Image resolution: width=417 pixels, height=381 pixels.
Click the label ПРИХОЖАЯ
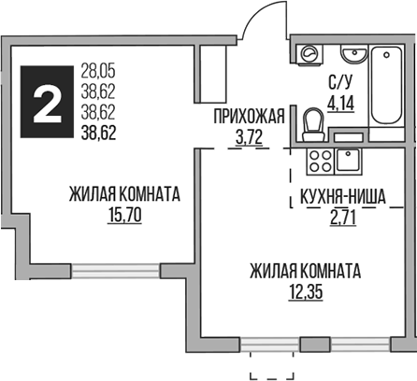248,117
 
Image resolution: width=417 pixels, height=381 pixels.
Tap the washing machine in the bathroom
309,52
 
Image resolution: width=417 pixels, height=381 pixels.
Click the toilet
314,121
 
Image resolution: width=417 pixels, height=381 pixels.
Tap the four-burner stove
319,161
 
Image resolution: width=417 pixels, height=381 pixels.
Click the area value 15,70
123,214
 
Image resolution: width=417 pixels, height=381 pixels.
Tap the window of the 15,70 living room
117,270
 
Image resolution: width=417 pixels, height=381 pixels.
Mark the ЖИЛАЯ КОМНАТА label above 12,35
305,272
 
